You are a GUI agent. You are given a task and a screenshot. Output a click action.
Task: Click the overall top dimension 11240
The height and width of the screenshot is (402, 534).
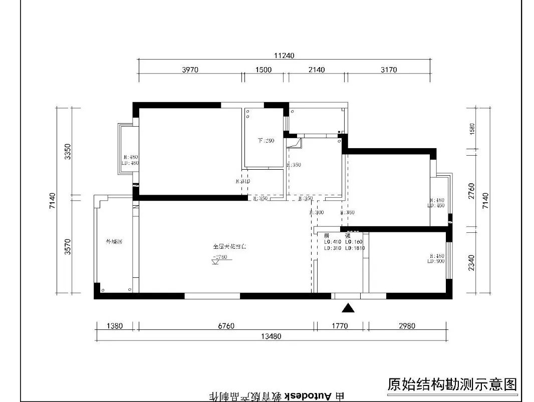pos(284,56)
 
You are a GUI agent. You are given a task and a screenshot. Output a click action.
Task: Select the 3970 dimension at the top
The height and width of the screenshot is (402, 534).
pos(190,70)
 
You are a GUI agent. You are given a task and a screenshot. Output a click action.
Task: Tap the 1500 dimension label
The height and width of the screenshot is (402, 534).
pos(263,70)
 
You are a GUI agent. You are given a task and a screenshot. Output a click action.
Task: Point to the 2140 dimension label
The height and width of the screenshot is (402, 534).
pos(317,70)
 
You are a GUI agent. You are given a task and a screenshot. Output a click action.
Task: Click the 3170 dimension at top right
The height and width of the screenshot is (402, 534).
pos(388,70)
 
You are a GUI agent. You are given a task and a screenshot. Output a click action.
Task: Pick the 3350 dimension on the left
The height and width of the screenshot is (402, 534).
pos(68,151)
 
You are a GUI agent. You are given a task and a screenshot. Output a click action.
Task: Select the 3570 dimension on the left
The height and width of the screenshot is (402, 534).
pos(68,246)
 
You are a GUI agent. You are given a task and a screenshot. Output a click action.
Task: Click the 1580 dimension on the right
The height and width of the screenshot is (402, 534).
pos(471,128)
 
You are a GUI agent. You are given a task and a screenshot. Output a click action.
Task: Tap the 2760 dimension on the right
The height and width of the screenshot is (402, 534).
pos(471,191)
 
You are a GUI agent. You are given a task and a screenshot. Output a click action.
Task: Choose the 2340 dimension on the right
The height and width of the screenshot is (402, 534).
pos(471,262)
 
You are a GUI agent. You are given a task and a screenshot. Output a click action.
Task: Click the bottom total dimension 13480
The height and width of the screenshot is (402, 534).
pos(271,336)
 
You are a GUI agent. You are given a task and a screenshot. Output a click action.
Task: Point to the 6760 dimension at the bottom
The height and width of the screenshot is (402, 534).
pos(226,326)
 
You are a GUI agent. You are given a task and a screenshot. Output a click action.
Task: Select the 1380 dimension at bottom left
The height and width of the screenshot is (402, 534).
pos(115,326)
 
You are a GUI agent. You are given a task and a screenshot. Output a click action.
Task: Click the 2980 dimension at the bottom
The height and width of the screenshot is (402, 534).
pos(407,326)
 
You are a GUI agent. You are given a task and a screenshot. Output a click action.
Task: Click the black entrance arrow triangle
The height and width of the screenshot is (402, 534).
pos(348,308)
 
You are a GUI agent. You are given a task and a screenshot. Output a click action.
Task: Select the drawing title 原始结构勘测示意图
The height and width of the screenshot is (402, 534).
pos(452,384)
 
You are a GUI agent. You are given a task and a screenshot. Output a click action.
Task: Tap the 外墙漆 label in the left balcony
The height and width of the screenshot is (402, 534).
pos(114,242)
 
